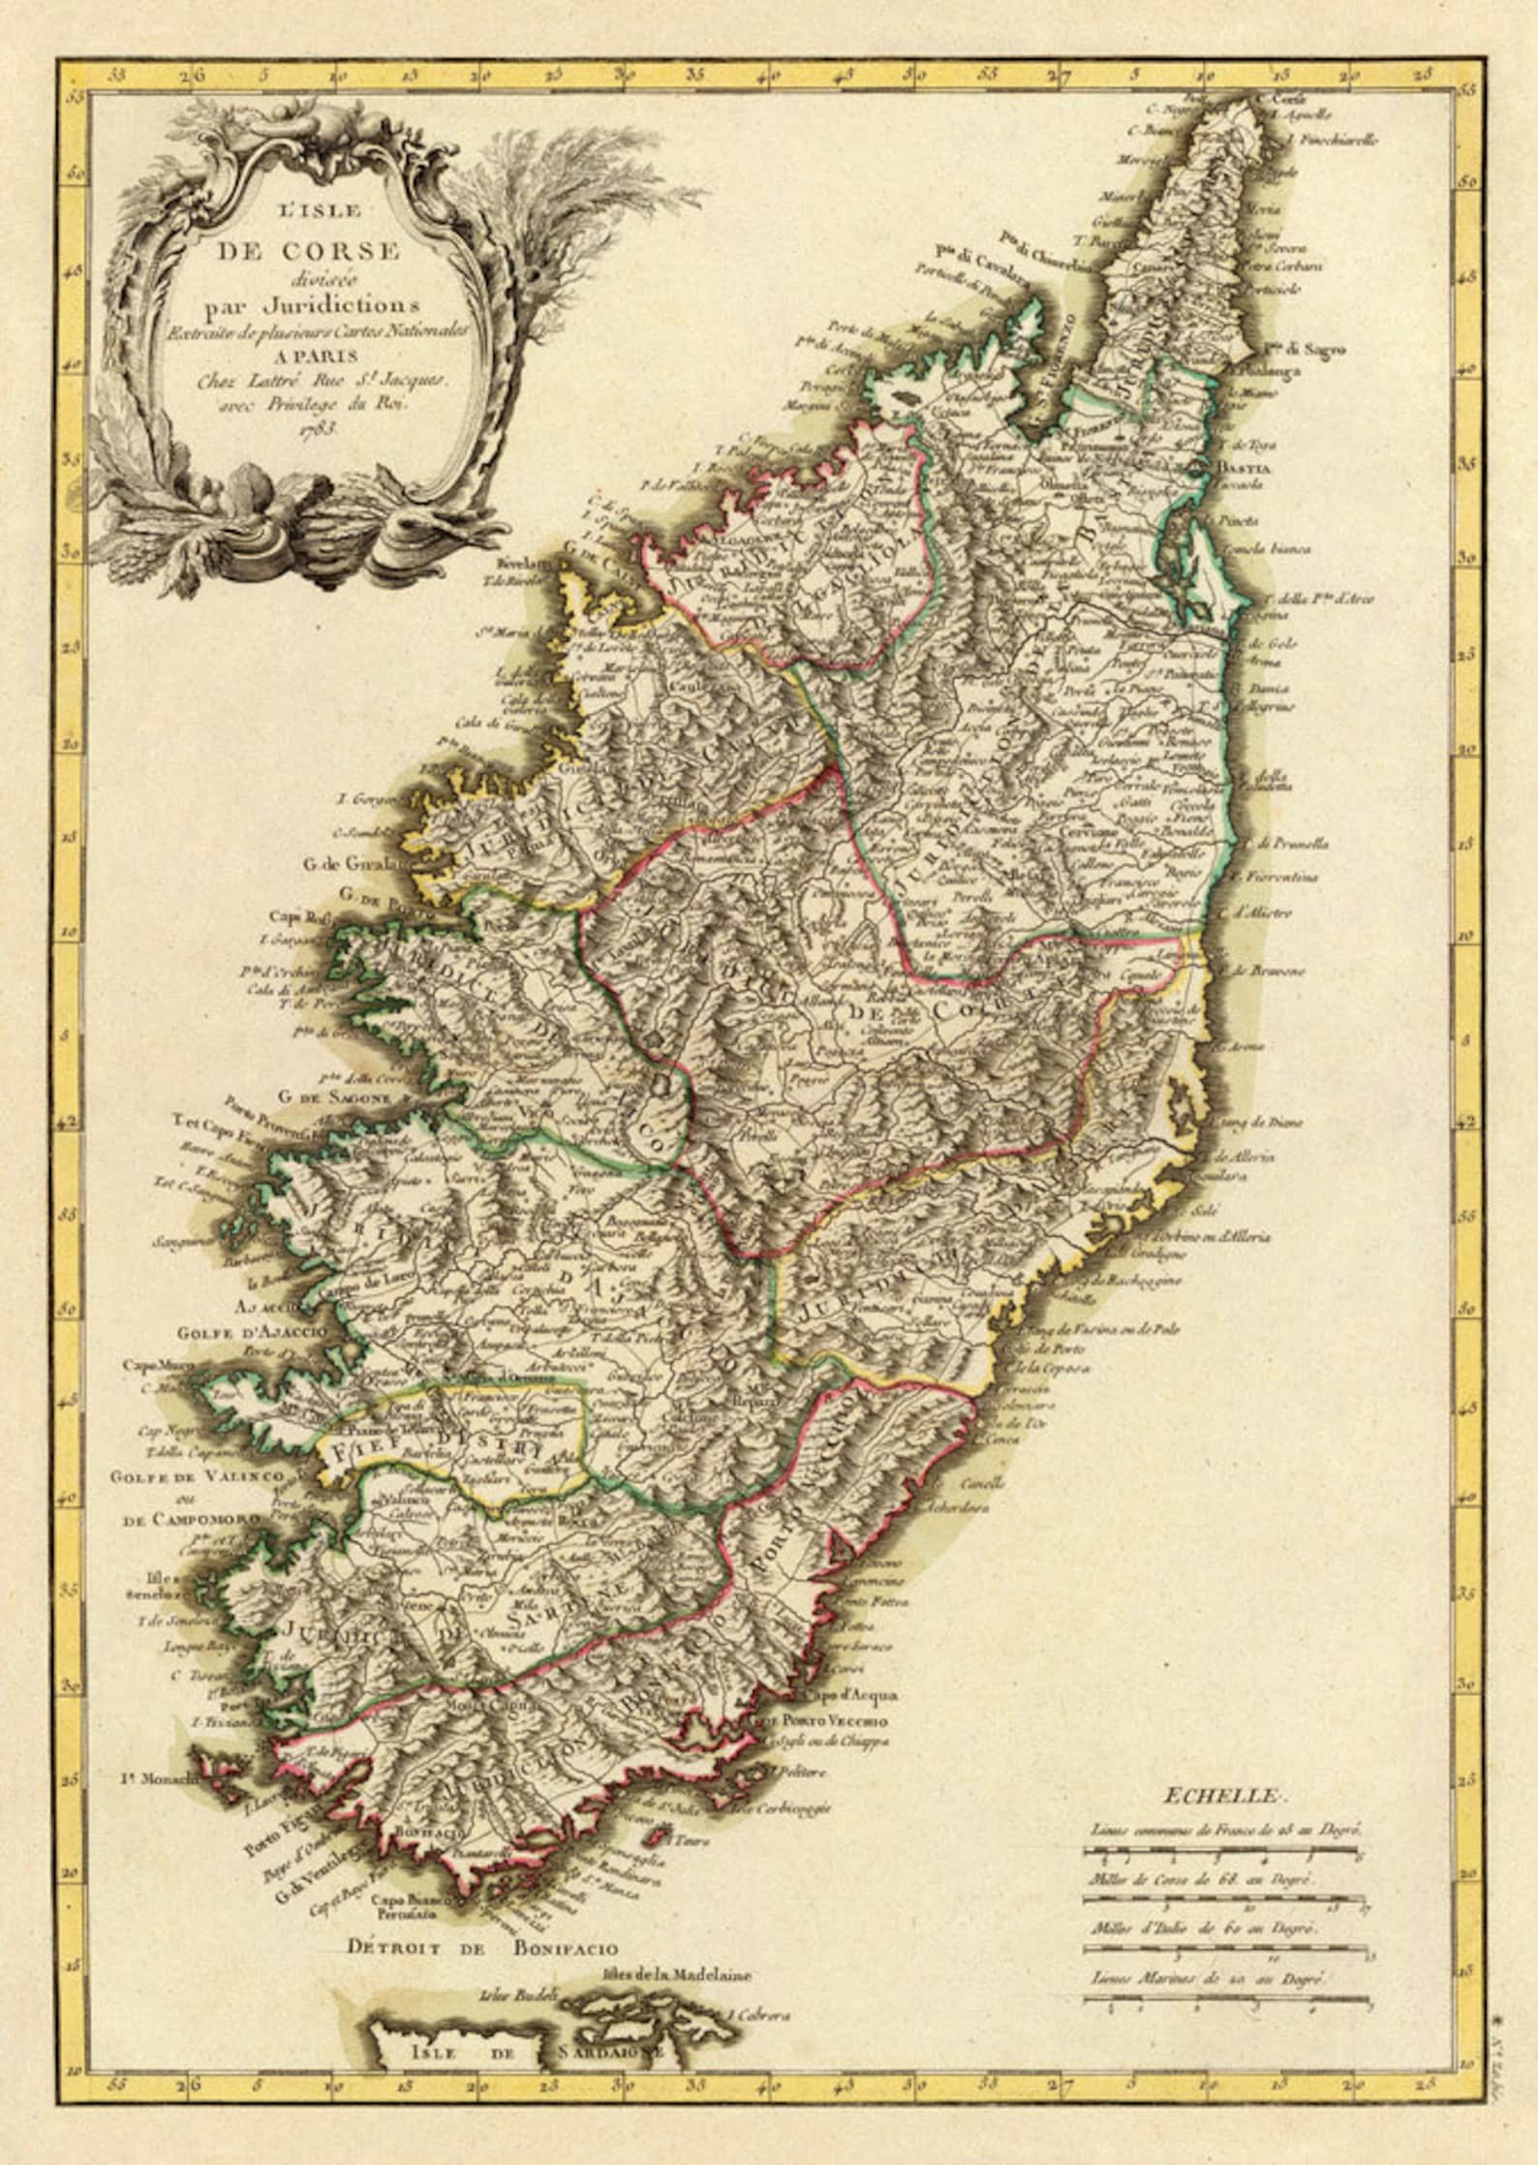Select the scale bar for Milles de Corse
pyautogui.click(x=1223, y=1903)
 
